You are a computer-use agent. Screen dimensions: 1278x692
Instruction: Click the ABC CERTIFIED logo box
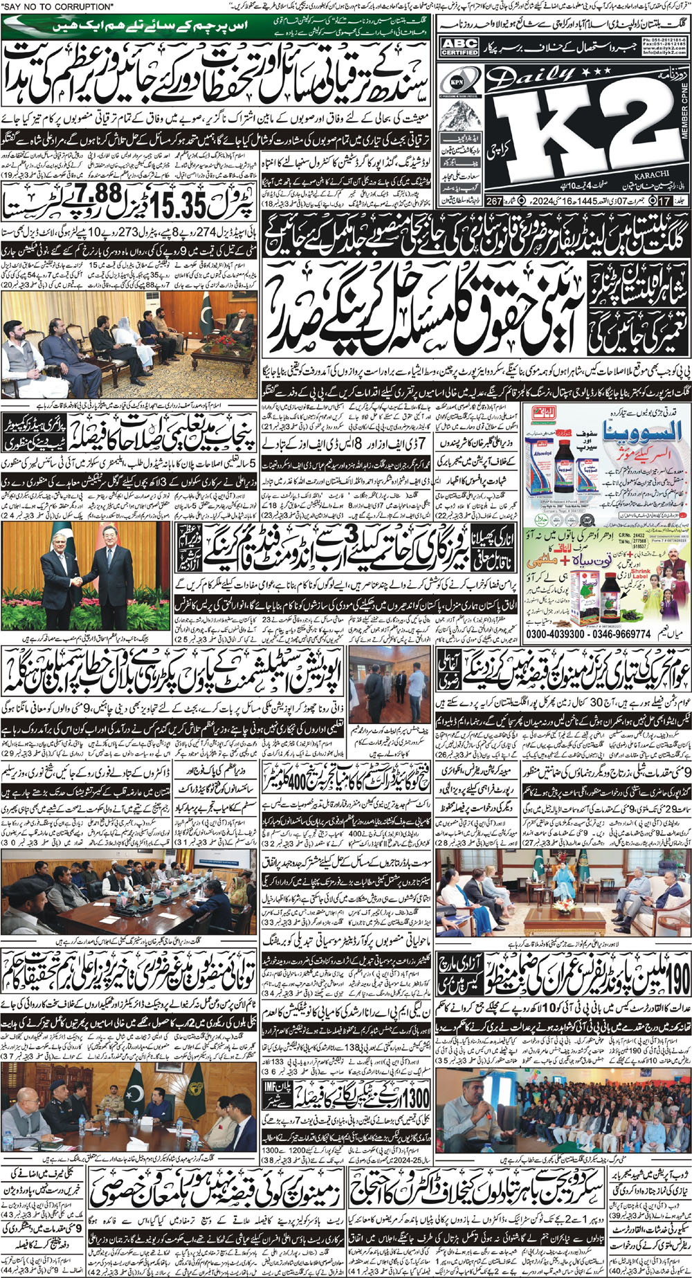click(459, 47)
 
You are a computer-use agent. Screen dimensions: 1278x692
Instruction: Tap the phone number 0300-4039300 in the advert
click(556, 633)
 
